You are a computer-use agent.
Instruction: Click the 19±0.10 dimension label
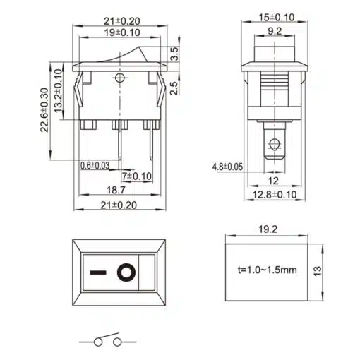[122, 32]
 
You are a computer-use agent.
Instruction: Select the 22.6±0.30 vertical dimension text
[44, 110]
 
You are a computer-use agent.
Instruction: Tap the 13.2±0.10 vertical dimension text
[58, 91]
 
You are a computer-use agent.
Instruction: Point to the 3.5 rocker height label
[174, 54]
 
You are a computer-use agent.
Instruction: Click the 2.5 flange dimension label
[174, 88]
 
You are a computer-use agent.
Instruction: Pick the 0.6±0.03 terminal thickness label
[95, 166]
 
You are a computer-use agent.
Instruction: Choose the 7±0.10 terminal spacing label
[137, 176]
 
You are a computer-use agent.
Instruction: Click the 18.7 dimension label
[116, 190]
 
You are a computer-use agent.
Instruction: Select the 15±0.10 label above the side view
[277, 18]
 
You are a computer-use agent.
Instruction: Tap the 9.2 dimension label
[275, 31]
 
